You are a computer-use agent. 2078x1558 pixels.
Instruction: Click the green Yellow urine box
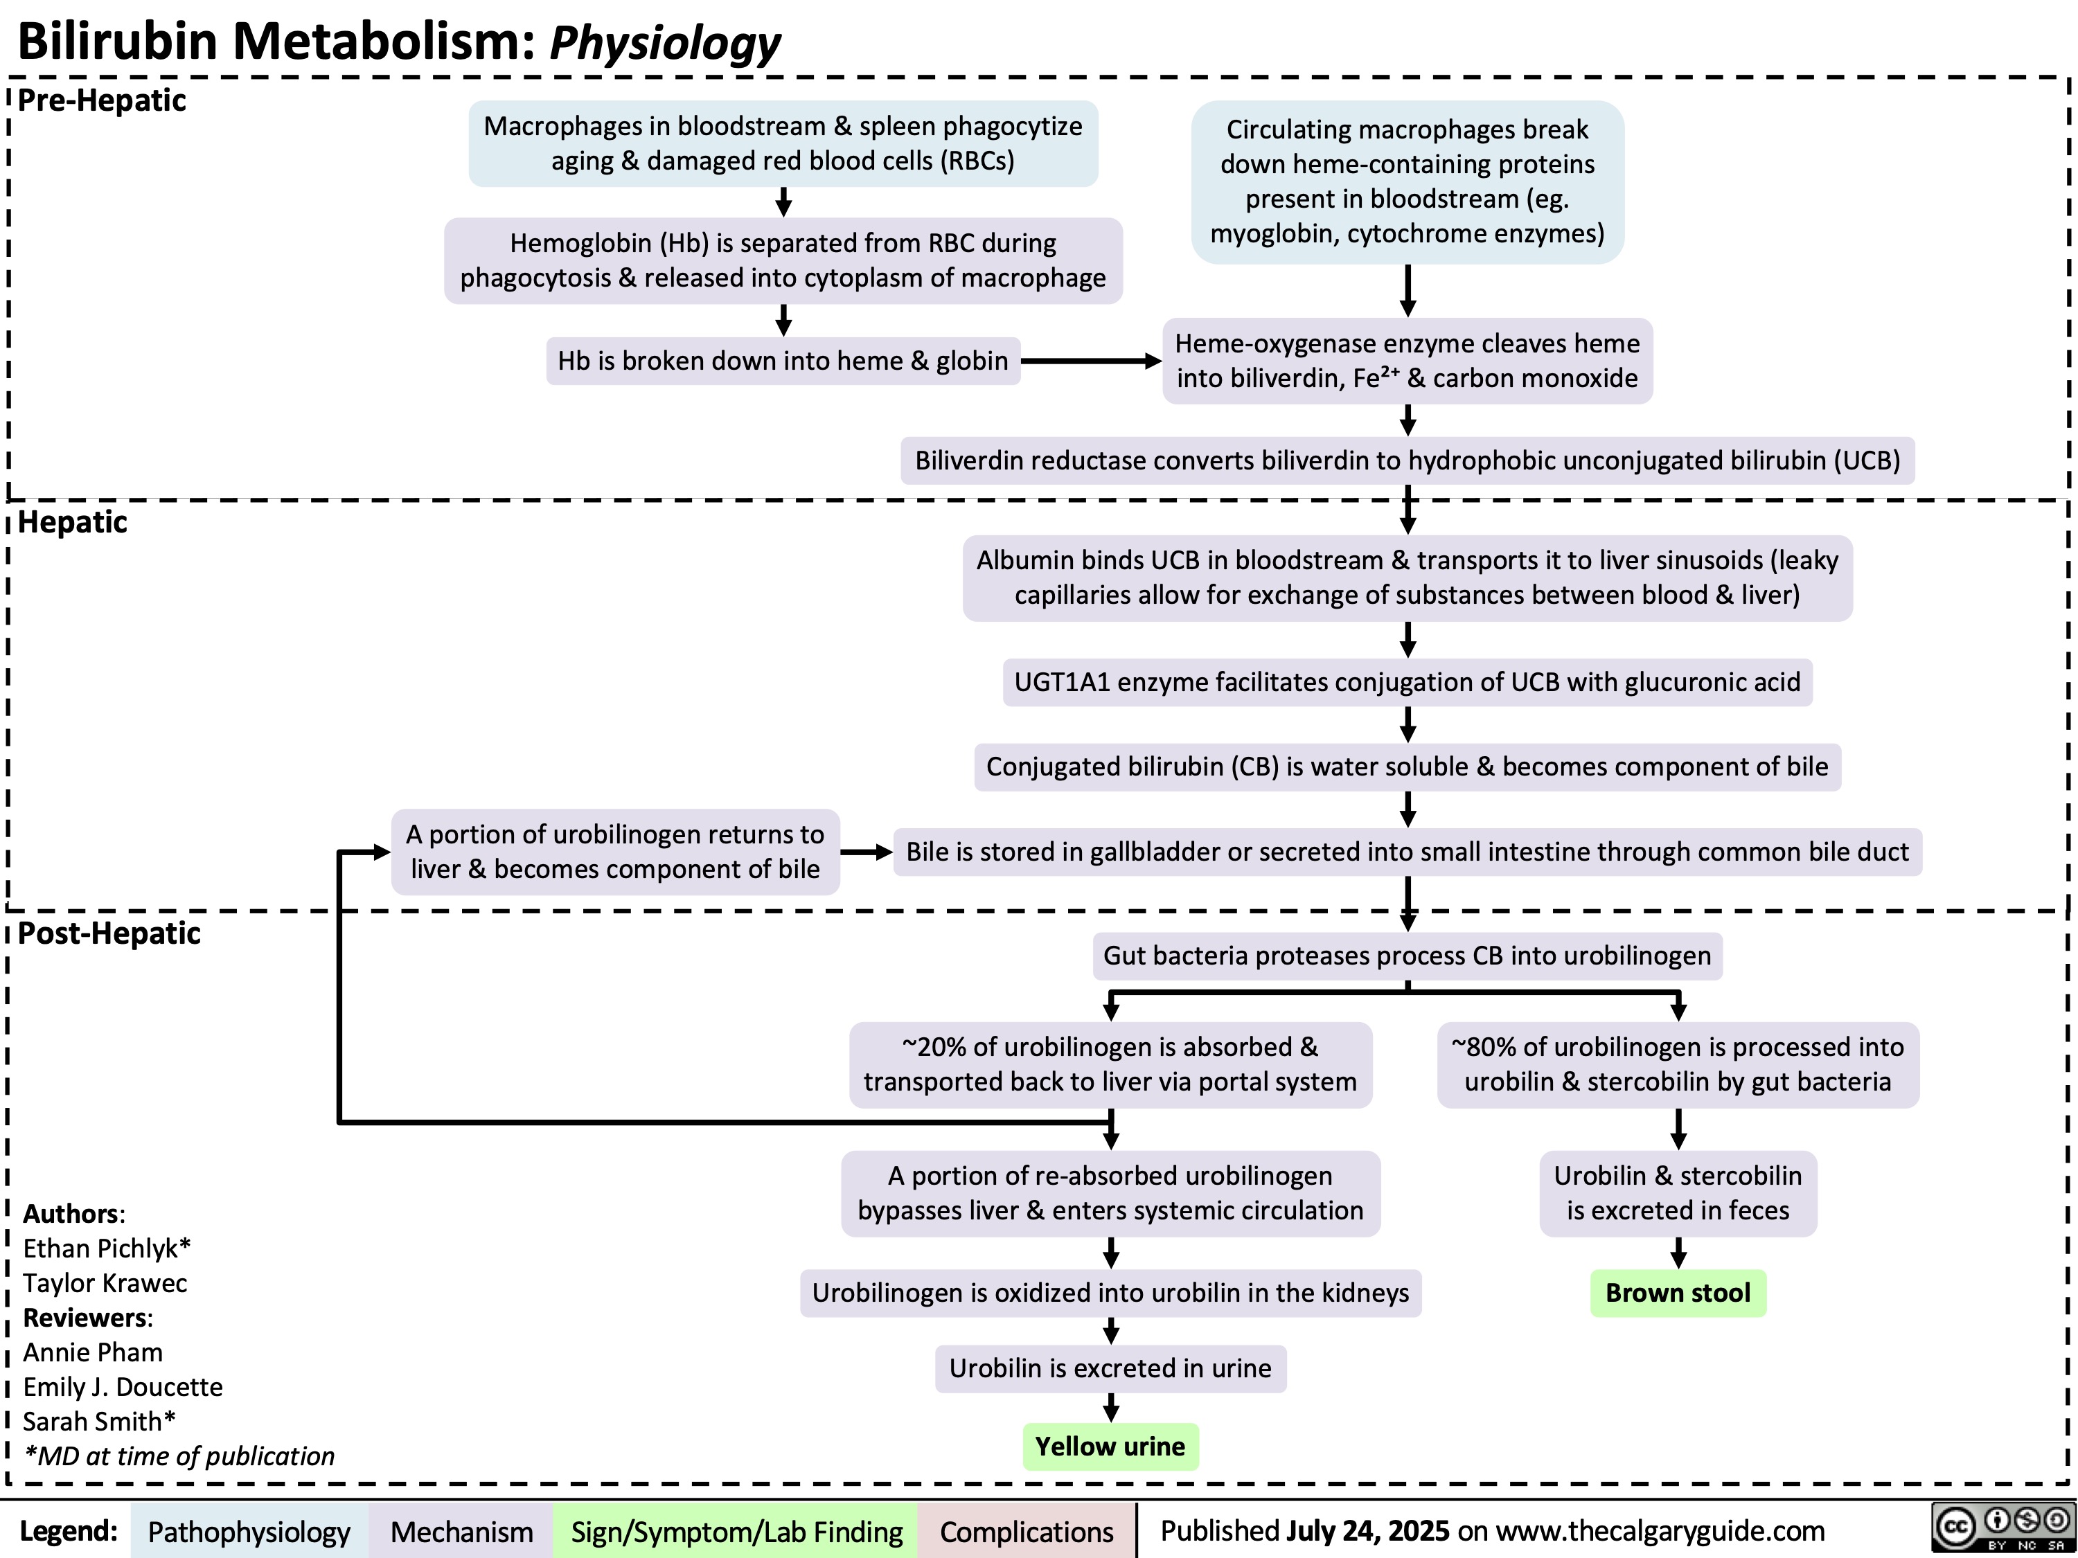(1110, 1447)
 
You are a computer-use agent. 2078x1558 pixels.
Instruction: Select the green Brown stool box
(1678, 1293)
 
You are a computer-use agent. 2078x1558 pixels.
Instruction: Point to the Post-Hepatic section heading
(109, 933)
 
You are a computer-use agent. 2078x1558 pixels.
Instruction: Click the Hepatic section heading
(72, 521)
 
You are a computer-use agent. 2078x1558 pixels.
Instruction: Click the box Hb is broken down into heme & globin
(783, 361)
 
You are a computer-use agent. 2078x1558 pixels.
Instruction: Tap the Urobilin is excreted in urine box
(1110, 1368)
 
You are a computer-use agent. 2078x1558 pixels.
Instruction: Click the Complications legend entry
(1026, 1532)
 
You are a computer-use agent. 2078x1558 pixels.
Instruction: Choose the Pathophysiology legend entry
(249, 1532)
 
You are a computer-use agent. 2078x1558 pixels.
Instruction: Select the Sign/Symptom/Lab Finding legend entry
(736, 1532)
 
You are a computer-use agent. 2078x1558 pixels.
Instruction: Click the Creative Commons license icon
(2001, 1528)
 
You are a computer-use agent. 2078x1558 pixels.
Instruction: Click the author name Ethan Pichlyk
(106, 1248)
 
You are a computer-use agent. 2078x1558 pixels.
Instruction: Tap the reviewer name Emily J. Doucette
(123, 1387)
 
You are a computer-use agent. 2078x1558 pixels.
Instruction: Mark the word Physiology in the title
(664, 42)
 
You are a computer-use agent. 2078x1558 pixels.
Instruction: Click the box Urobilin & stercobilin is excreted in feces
(1678, 1192)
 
